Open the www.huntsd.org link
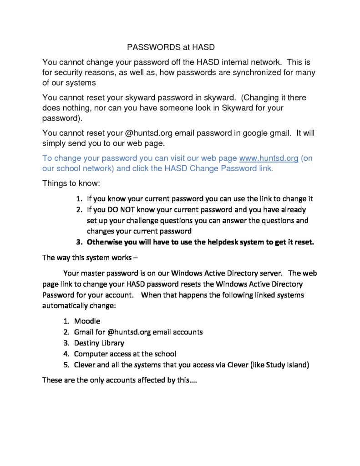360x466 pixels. [269, 158]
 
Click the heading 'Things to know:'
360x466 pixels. [71, 183]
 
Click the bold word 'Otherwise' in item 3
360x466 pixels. [105, 242]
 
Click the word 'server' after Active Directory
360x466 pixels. [269, 274]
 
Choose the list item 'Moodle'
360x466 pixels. [87, 321]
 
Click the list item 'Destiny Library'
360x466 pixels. [99, 343]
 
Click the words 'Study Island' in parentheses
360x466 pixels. [287, 364]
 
